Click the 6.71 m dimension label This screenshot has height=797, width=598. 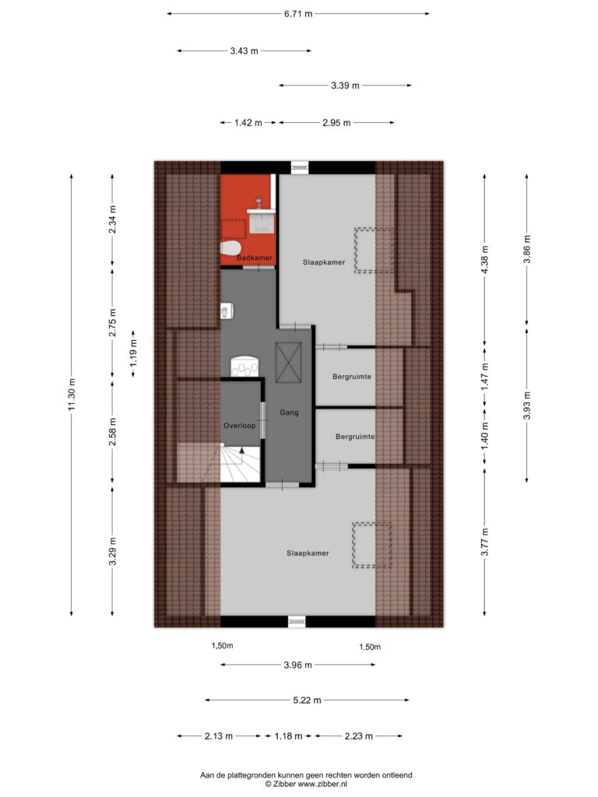tap(298, 14)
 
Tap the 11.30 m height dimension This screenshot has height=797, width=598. tap(72, 395)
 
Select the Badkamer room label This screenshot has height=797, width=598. tap(255, 258)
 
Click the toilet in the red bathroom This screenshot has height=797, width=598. tap(230, 248)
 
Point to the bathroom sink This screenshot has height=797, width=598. tap(261, 219)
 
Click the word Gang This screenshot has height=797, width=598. tap(289, 413)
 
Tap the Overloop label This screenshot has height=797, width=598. tap(240, 426)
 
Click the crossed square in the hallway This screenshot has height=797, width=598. tap(288, 362)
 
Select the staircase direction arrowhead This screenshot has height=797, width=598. tap(242, 449)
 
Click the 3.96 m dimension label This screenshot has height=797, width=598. tap(298, 665)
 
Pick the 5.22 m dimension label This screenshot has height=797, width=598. tap(307, 700)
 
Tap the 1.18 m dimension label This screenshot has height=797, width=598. tap(288, 736)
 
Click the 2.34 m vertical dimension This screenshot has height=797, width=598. tap(112, 219)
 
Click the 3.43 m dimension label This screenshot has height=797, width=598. tap(244, 51)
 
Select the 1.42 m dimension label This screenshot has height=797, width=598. tap(248, 122)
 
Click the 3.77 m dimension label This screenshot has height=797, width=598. tap(484, 542)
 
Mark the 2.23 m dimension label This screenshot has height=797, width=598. tap(359, 736)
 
